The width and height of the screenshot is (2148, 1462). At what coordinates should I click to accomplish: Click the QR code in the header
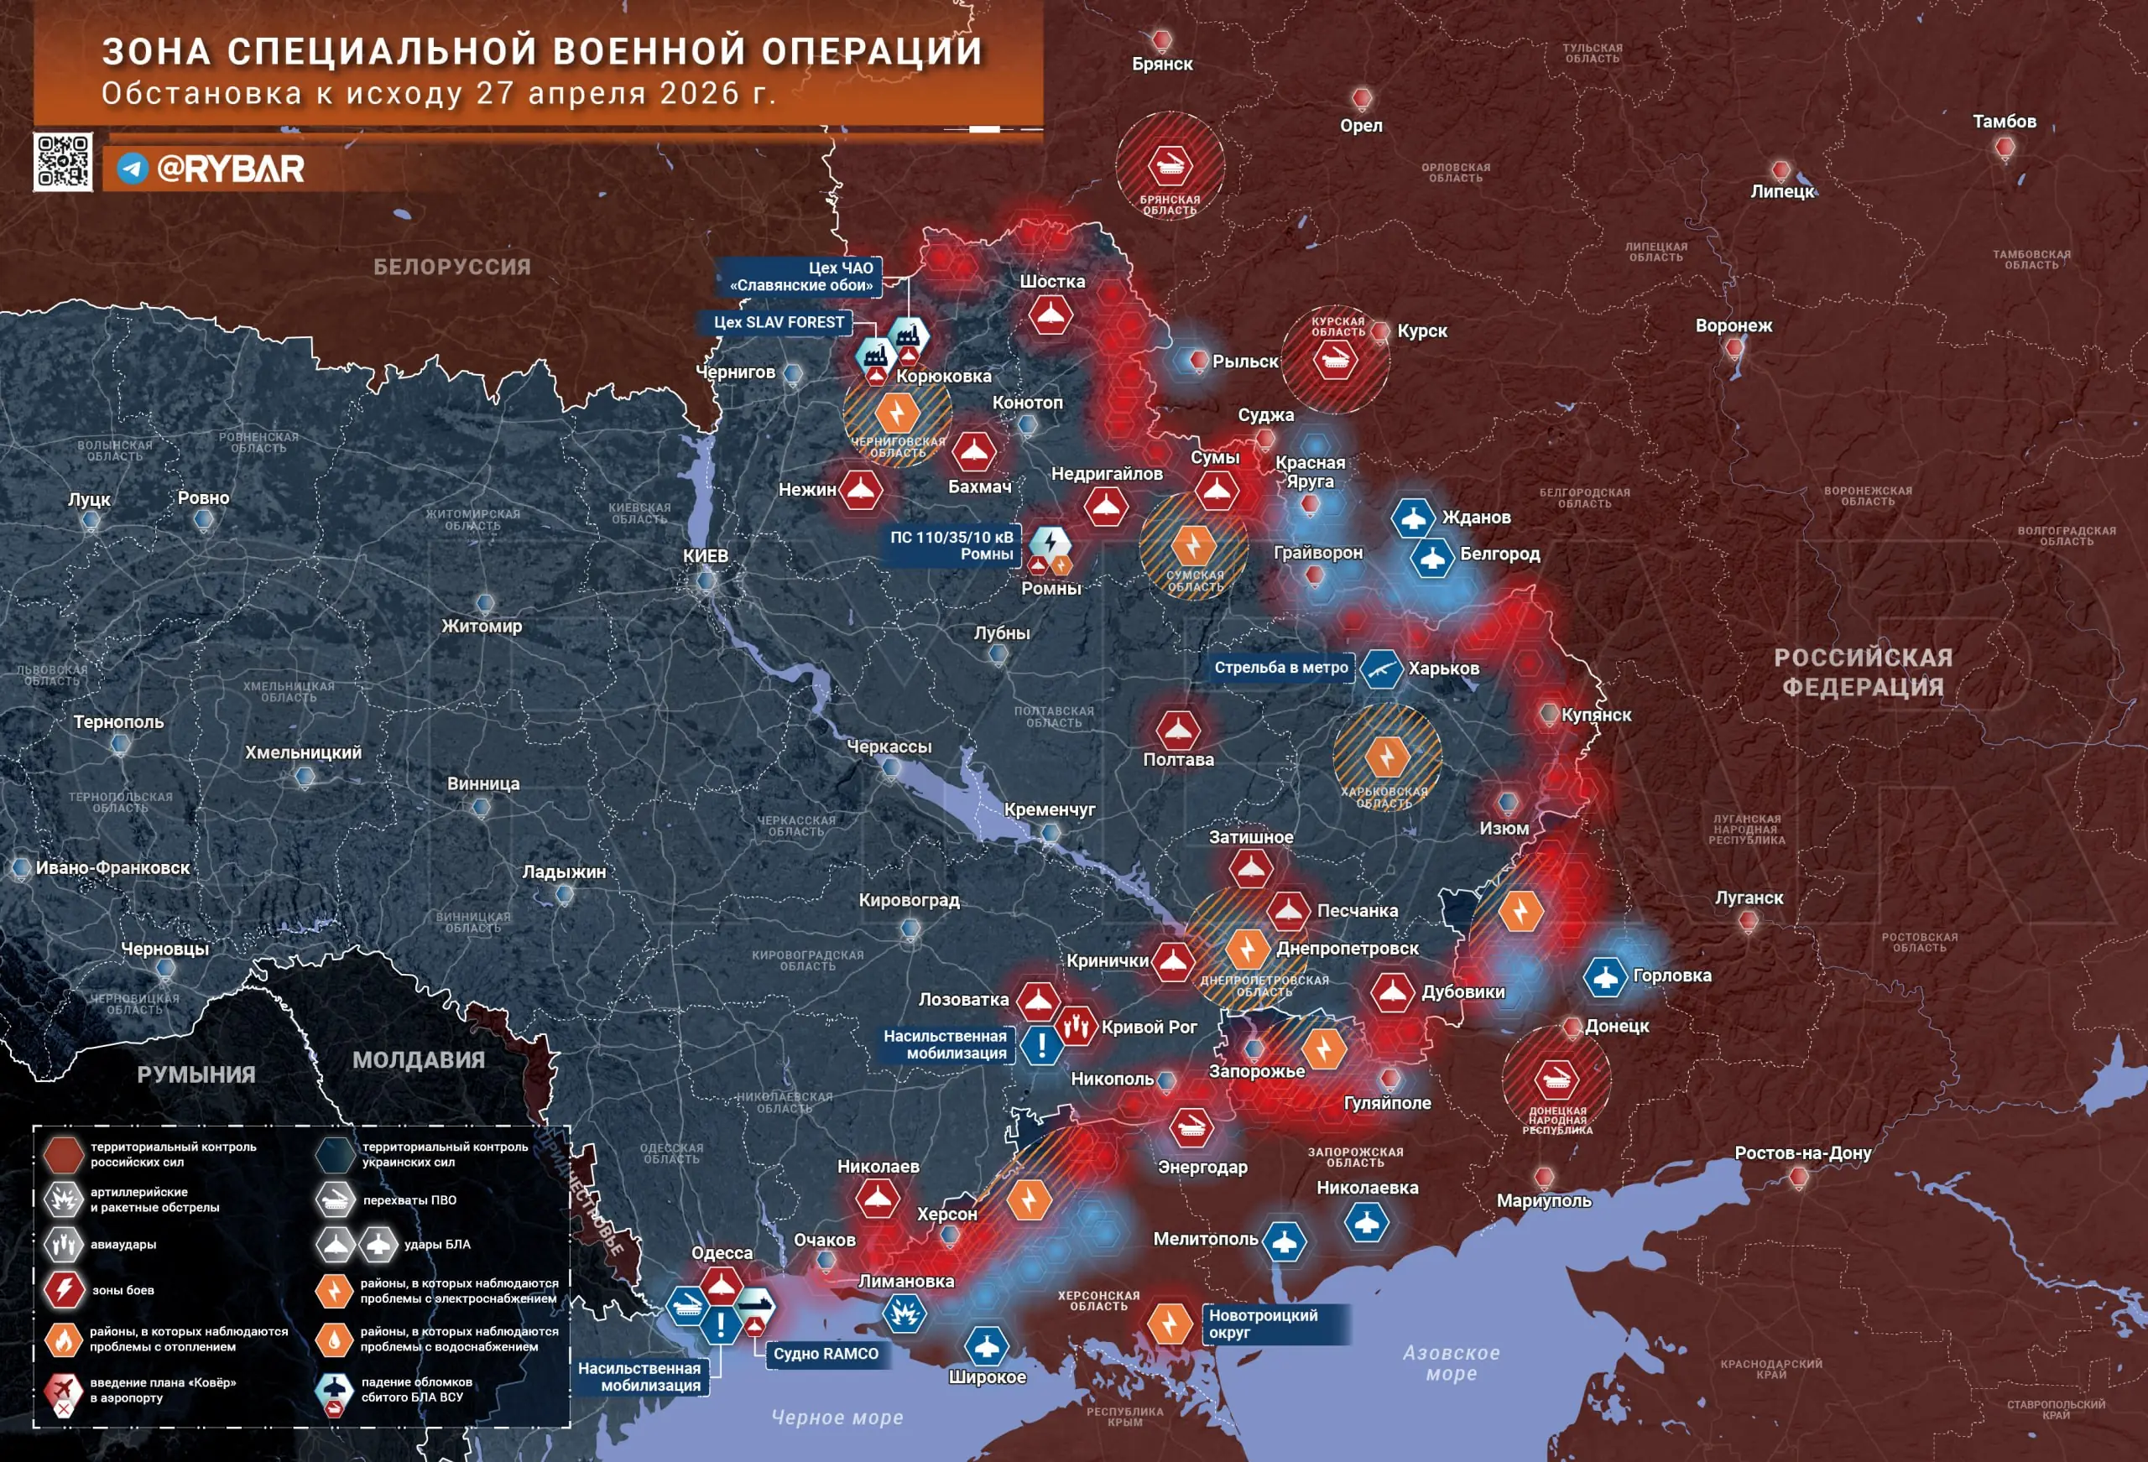63,162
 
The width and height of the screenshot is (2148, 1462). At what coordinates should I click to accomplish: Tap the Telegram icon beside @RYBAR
133,169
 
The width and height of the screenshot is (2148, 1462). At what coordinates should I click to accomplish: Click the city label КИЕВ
705,555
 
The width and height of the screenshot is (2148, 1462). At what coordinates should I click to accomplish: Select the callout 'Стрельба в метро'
1280,667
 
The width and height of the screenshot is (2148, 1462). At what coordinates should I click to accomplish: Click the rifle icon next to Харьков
1381,669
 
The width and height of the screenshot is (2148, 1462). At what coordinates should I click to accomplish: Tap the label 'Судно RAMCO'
826,1353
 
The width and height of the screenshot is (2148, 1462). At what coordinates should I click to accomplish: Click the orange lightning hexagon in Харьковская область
1386,757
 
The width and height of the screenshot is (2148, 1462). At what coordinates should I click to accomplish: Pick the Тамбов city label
2004,121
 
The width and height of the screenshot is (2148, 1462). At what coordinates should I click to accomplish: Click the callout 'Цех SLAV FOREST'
779,321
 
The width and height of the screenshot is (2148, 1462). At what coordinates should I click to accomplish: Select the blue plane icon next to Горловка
1605,976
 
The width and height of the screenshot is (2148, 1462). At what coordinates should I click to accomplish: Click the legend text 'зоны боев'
123,1290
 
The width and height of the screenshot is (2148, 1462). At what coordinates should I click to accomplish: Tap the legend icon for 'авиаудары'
63,1244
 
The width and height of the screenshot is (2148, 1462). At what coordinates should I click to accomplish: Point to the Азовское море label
1451,1362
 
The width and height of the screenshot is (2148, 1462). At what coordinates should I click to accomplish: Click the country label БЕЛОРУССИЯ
452,267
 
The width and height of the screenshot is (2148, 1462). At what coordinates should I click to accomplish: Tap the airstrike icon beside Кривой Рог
1075,1026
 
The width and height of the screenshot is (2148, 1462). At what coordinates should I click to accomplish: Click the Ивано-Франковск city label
112,868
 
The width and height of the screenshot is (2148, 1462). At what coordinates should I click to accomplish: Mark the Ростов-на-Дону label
1802,1152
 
